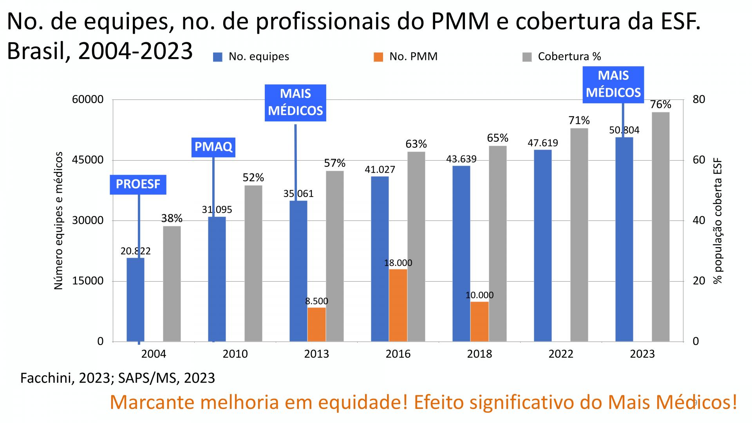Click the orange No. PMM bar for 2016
[398, 305]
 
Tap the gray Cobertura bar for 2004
[172, 284]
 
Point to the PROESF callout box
[138, 184]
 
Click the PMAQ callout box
[213, 147]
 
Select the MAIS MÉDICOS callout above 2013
[295, 103]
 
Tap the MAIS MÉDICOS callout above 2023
[613, 85]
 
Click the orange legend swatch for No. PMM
[378, 57]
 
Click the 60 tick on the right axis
[699, 160]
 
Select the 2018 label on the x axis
[479, 354]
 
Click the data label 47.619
[542, 143]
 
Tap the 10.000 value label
[479, 295]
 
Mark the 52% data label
[253, 178]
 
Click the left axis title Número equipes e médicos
[58, 221]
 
